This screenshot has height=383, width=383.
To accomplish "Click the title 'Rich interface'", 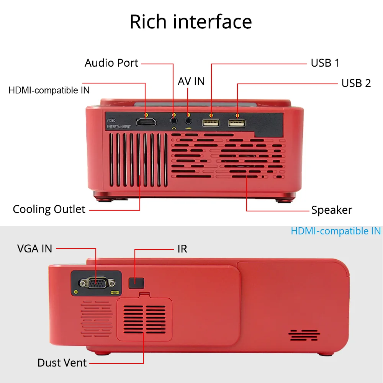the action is pos(191,22).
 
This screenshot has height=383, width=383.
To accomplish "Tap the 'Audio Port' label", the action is pos(111,63).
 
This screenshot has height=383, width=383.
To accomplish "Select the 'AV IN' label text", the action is pos(191,81).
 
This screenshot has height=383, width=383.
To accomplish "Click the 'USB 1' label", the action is pos(325,63).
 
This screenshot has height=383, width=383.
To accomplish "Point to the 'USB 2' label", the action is pos(356,83).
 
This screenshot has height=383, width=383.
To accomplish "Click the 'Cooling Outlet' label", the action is pos(49,210).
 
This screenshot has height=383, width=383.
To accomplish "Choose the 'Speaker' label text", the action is pos(332,210).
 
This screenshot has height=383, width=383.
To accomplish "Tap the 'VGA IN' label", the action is pos(34,249).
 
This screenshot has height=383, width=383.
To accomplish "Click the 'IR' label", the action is pos(182,249).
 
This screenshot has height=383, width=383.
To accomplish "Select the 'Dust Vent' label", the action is pos(62,363).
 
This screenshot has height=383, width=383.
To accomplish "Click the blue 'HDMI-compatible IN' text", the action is pos(336,231).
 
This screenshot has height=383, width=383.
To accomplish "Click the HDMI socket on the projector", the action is pos(146,123).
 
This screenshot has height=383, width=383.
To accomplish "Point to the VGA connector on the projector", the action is pos(97,283).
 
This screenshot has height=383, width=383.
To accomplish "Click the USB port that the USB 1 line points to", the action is pos(211,123).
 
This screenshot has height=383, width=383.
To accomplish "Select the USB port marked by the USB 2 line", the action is pos(237,123).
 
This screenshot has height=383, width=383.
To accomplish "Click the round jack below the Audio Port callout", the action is pos(174,121).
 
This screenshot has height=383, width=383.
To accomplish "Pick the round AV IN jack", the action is pos(188,121).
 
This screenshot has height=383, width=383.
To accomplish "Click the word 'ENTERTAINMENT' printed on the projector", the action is pos(118,126).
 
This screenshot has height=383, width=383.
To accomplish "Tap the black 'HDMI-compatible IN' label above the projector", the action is pos(49,90).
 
